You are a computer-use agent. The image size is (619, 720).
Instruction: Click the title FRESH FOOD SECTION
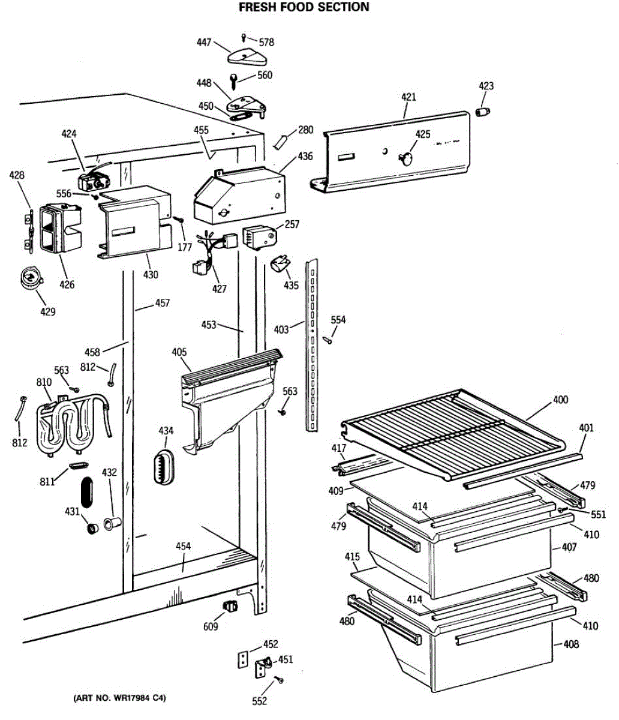pyautogui.click(x=304, y=7)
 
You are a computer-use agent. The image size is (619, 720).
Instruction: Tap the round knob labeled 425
pyautogui.click(x=405, y=159)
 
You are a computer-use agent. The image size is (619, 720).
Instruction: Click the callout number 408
pyautogui.click(x=570, y=644)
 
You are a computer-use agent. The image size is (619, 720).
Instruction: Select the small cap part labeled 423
pyautogui.click(x=483, y=112)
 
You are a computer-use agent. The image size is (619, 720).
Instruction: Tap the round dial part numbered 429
pyautogui.click(x=29, y=278)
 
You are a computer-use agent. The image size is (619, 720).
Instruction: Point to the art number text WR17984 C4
pyautogui.click(x=119, y=698)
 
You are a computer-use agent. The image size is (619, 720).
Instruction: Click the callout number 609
pyautogui.click(x=210, y=627)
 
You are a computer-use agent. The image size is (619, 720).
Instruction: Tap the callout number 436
pyautogui.click(x=305, y=157)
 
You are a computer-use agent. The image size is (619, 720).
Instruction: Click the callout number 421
pyautogui.click(x=408, y=97)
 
